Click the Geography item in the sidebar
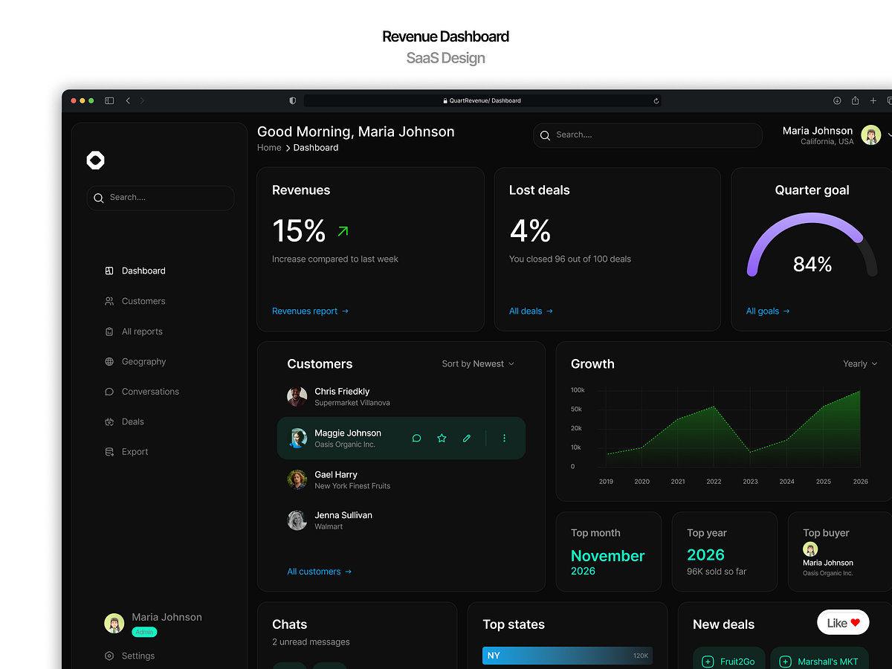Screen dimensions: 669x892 143,362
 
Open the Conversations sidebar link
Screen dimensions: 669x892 150,392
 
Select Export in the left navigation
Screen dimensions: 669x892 135,452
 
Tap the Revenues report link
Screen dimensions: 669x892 310,311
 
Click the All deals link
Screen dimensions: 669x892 531,311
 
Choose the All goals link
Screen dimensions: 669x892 768,311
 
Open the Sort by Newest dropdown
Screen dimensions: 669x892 478,364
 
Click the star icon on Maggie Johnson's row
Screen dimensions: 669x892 442,439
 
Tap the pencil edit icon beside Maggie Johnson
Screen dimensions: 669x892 467,439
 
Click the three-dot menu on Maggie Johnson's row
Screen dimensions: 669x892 504,439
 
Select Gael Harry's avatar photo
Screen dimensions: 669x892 297,479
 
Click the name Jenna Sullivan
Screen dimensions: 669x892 343,515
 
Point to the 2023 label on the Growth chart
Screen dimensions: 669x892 750,482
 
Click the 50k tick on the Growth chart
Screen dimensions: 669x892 577,410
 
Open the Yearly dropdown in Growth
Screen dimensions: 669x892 860,364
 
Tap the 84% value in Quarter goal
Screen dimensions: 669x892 812,265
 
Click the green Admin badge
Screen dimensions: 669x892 144,633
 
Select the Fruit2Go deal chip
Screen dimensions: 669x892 730,662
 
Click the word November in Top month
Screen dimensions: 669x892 607,556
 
